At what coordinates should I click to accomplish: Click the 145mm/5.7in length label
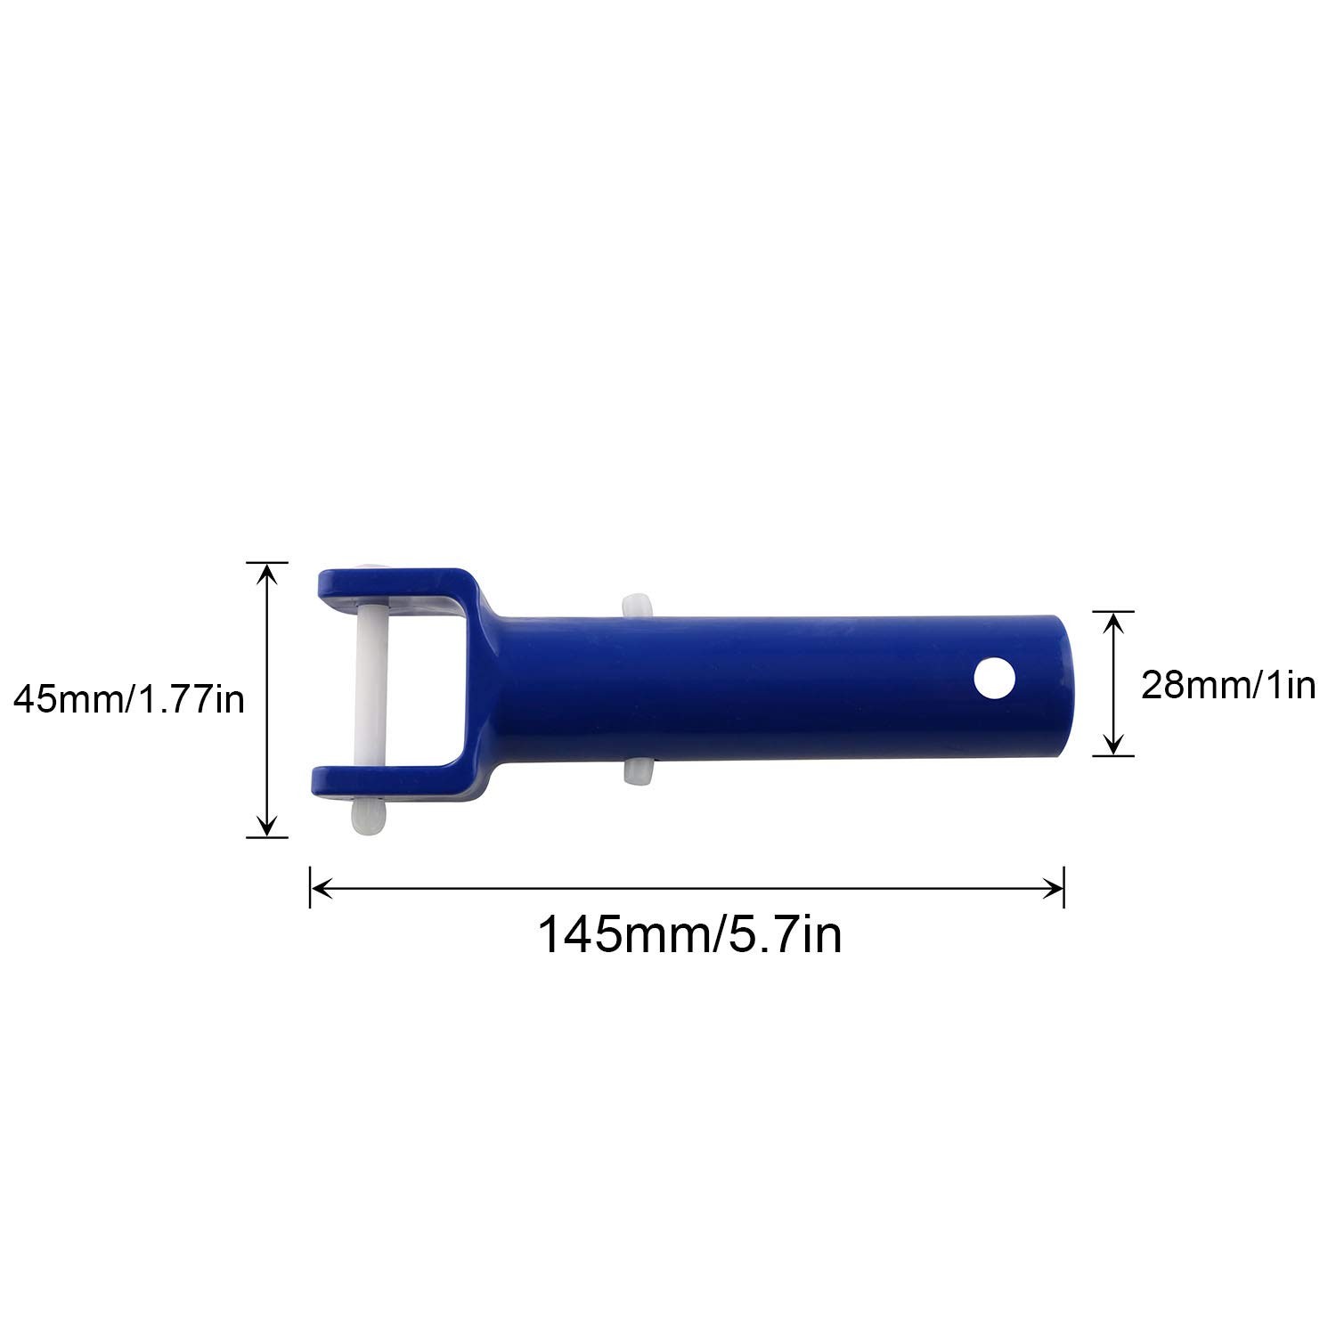tap(689, 936)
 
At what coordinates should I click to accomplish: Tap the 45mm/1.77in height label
tap(129, 701)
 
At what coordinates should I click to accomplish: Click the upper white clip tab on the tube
tap(636, 605)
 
